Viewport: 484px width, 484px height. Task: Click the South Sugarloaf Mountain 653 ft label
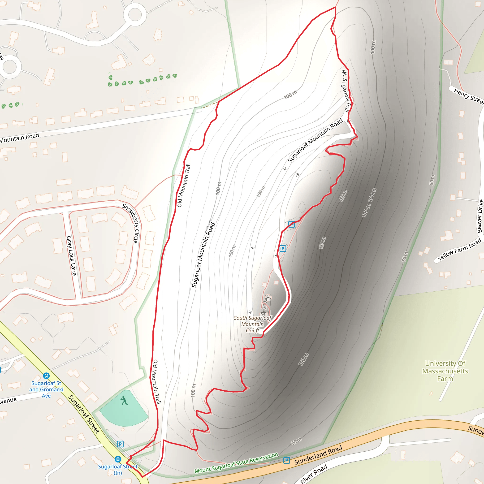click(x=253, y=324)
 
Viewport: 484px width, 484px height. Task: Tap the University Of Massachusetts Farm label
click(x=445, y=371)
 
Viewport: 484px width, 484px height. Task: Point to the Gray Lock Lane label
click(x=71, y=256)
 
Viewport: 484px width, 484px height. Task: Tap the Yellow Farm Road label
click(x=459, y=249)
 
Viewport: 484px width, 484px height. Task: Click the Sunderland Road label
click(x=318, y=455)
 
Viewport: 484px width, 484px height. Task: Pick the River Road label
click(x=314, y=473)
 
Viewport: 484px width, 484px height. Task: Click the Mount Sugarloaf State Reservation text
click(x=236, y=463)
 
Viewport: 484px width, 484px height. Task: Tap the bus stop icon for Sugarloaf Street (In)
click(x=118, y=459)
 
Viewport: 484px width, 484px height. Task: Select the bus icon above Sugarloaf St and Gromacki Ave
click(x=46, y=376)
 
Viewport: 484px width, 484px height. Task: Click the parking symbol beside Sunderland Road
click(x=287, y=460)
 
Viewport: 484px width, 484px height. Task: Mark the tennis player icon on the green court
click(x=124, y=400)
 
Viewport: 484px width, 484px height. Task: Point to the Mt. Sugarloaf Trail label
click(x=346, y=91)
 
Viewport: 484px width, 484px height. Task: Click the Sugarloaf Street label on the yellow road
click(x=84, y=414)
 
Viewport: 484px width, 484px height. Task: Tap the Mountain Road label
click(x=20, y=138)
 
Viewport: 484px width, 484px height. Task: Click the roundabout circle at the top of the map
click(x=135, y=14)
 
